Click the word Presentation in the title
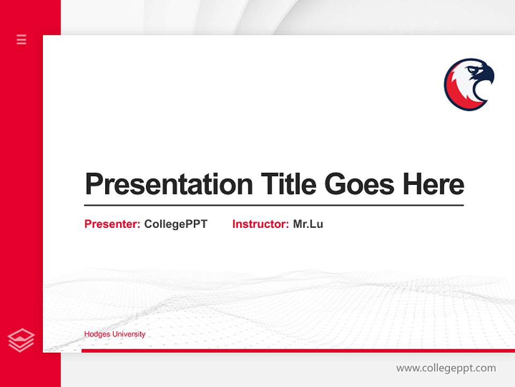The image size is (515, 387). click(x=169, y=184)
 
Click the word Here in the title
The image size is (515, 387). click(x=433, y=184)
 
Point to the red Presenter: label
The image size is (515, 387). click(x=112, y=224)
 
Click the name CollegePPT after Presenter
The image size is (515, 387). click(x=175, y=224)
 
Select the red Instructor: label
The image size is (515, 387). click(x=260, y=224)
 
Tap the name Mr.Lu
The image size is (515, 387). click(x=308, y=224)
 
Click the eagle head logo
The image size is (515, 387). click(x=469, y=84)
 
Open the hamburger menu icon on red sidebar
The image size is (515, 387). click(x=21, y=39)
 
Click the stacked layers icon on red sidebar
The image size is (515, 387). click(x=21, y=340)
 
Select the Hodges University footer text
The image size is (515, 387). click(x=114, y=334)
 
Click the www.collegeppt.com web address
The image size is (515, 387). click(x=446, y=368)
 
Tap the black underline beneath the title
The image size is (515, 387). click(x=274, y=205)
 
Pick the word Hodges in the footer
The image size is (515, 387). click(x=96, y=334)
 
